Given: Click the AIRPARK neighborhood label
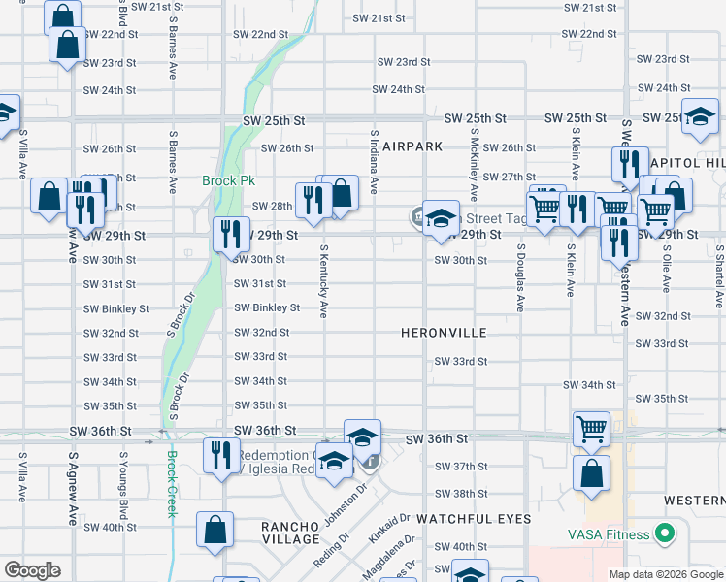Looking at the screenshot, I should pos(412,146).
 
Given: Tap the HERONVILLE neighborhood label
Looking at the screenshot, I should pos(444,333).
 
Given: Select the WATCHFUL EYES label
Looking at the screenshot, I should pos(475,519).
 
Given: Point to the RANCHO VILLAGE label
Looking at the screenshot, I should pos(290,533).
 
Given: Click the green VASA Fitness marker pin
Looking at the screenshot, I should pos(665,533).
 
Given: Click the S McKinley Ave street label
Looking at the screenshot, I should pos(475,160).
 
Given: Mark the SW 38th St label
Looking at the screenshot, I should pos(455,494).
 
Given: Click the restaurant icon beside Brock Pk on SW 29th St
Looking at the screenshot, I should pos(231,235).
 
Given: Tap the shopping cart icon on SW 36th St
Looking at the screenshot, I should pos(591,428).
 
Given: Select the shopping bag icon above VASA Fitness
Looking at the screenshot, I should pos(591,474).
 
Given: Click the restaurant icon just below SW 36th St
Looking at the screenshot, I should pos(221,455).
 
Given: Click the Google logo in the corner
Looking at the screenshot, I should pos(32,570).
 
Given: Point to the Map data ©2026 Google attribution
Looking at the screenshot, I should pos(665,574).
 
